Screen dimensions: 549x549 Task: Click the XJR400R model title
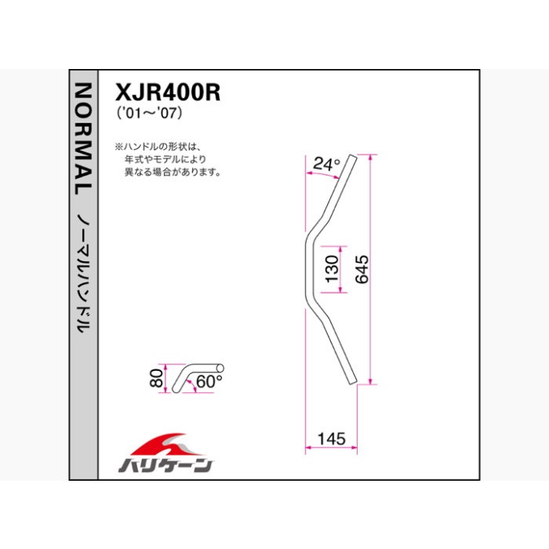[x=168, y=93]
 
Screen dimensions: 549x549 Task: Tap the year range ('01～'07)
[x=150, y=113]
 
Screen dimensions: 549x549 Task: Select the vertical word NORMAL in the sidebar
[x=84, y=139]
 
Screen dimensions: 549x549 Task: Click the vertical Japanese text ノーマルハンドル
[x=84, y=273]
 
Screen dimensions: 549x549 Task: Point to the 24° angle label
[x=326, y=163]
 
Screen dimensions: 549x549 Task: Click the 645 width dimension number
[x=362, y=269]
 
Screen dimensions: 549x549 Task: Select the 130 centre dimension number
[x=332, y=269]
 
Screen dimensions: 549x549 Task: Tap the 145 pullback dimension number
[x=331, y=438]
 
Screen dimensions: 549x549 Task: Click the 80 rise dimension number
[x=156, y=378]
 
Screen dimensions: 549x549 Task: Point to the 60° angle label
[x=209, y=381]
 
